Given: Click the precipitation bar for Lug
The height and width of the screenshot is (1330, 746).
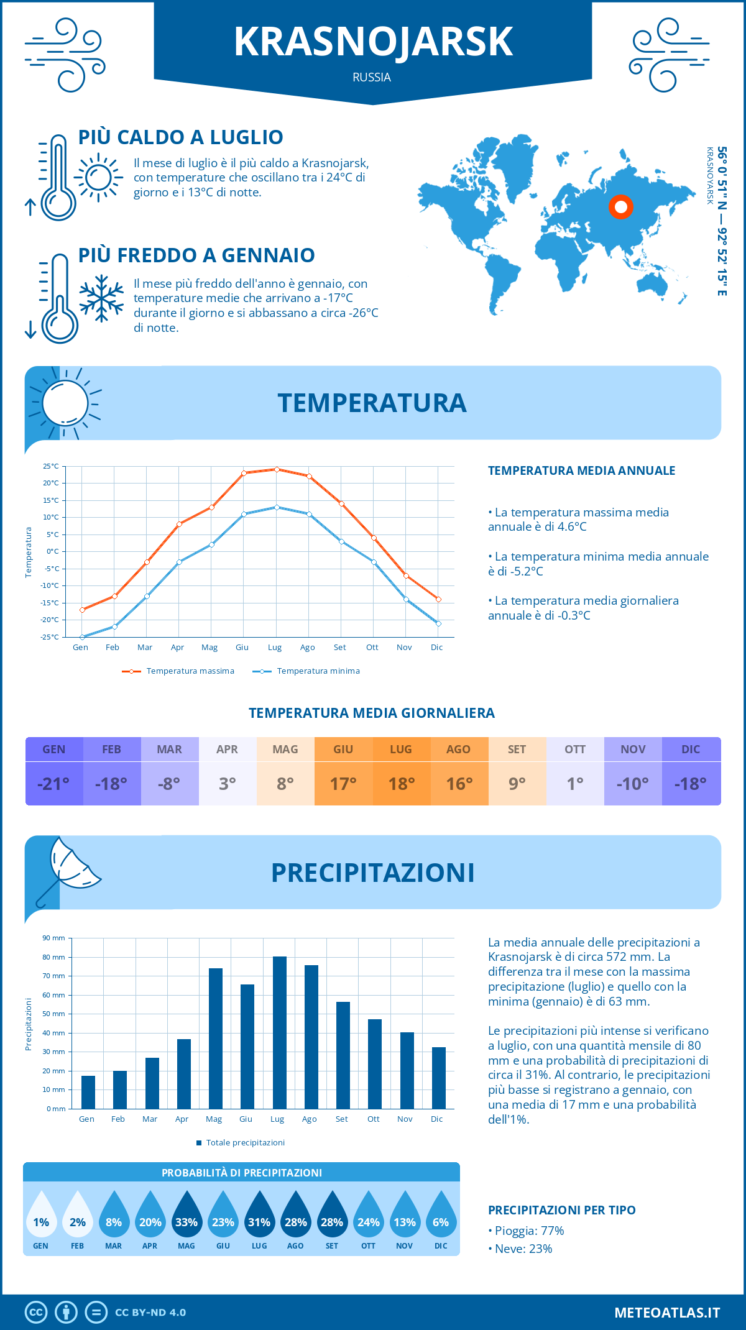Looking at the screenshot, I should coord(279,1032).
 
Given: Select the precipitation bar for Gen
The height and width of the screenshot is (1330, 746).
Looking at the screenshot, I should coord(88,1092).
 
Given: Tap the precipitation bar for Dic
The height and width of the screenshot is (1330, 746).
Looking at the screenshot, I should coord(439,1078).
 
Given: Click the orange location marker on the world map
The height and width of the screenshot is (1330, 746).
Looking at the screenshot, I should coord(620,207).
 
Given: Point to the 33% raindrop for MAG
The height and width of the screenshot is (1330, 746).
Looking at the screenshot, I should coord(186,1218).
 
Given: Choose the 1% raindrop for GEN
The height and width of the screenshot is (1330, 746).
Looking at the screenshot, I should coord(41,1218).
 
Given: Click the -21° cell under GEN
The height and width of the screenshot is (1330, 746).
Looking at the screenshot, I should coord(53,784).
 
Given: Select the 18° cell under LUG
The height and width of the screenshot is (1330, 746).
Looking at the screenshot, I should coord(401,784).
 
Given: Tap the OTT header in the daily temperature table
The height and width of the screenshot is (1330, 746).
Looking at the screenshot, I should coord(575,749).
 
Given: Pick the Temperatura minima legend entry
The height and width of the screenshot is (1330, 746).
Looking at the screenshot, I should coord(307,671).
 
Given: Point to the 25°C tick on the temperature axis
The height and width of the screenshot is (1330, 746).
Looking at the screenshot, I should coord(51,466).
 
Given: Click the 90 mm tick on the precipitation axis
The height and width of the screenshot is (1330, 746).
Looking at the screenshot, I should coord(54,938).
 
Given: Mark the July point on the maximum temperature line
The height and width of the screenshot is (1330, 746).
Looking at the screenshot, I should coord(277,469).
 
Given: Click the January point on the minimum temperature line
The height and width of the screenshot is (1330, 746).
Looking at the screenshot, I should coord(82,637).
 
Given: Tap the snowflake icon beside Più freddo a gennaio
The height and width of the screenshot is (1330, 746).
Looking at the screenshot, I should coord(101,298).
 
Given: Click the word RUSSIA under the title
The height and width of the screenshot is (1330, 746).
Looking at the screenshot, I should coord(372,78).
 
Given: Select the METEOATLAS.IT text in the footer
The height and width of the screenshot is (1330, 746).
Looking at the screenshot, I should coord(667,1313).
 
